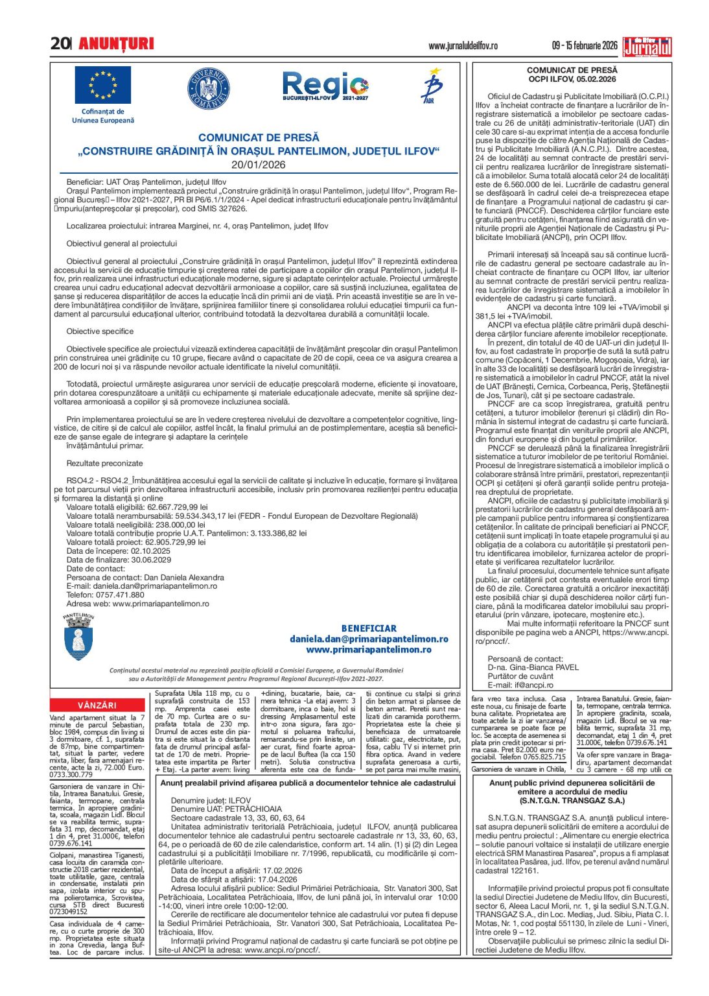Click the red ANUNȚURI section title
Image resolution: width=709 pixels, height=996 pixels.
coord(116,43)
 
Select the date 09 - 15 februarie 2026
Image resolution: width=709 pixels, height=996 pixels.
coord(585,45)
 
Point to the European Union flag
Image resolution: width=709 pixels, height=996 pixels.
coord(102,86)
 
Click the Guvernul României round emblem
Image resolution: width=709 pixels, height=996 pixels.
coord(208,88)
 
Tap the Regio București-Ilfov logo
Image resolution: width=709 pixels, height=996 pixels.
coord(325,86)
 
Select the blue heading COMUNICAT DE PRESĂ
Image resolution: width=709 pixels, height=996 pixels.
coord(259,137)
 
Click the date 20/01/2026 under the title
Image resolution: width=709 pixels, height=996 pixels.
coord(259,165)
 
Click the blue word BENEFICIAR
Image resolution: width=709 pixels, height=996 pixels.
coord(369,628)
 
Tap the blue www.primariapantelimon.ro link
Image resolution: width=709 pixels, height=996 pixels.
coord(369,649)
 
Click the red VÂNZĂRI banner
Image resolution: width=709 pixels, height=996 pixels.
coord(97,705)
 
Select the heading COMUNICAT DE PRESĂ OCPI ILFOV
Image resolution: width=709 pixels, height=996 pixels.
coord(572,75)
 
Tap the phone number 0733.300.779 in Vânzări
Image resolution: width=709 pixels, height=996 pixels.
coord(71,774)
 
